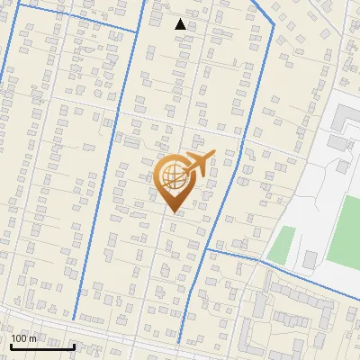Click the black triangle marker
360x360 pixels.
pos(180,24)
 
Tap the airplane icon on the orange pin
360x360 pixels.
pos(198,165)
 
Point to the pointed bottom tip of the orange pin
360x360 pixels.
pos(173,211)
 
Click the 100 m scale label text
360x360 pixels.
pos(24,338)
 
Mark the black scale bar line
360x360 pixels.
pos(42,346)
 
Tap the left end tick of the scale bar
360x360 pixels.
pos(11,345)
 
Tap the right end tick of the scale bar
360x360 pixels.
pos(74,345)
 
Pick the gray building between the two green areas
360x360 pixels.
pos(310,259)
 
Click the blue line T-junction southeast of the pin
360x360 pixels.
pos(208,249)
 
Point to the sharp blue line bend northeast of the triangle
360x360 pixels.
pos(273,24)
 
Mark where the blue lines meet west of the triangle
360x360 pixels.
pos(137,32)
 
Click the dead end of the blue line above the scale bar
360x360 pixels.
pos(74,319)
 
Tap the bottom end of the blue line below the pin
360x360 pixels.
pos(179,342)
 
